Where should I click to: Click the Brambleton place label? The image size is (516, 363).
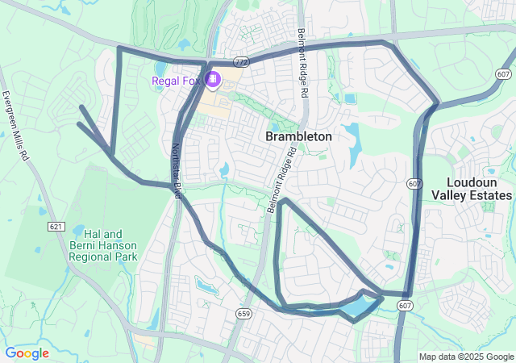298,137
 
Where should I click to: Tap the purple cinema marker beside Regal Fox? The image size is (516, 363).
214,79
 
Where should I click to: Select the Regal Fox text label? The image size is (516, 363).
177,80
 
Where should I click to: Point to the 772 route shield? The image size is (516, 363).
240,61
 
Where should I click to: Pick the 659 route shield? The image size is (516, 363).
244,312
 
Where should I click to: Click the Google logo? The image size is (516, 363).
27,353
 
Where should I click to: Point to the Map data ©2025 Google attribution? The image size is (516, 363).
466,357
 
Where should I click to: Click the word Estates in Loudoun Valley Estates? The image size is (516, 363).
489,195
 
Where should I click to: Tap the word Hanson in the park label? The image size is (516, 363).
118,245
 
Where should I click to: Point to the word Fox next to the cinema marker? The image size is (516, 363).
192,80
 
